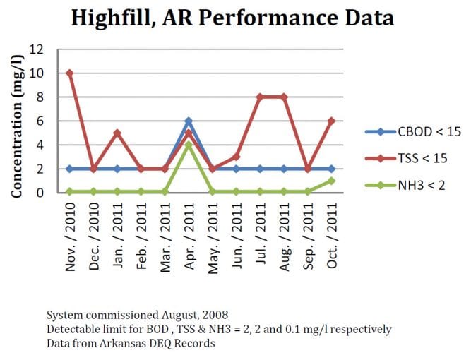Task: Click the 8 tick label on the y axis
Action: point(42,97)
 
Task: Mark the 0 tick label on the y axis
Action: point(42,193)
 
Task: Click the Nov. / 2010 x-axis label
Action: point(69,232)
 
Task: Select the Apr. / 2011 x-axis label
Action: point(189,232)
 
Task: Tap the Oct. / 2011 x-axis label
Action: point(331,232)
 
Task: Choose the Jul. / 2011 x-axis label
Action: point(260,232)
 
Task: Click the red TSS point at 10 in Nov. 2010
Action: point(69,73)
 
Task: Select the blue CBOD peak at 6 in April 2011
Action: point(189,121)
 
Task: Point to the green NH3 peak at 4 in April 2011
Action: point(189,145)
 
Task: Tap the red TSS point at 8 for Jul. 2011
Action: point(260,97)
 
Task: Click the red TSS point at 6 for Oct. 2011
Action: point(331,121)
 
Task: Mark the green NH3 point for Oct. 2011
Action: point(331,181)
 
